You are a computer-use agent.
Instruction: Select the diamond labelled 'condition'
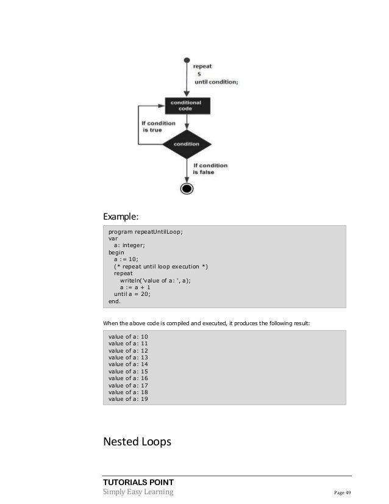[x=187, y=144]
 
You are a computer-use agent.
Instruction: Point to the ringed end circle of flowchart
[x=187, y=188]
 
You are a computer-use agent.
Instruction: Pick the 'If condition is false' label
[x=210, y=168]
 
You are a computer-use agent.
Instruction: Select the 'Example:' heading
[x=121, y=215]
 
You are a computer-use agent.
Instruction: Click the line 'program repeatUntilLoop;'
[x=146, y=232]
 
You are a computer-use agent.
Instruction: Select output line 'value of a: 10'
[x=128, y=337]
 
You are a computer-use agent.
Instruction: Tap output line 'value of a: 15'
[x=128, y=372]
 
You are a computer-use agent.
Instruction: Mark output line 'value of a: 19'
[x=128, y=400]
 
